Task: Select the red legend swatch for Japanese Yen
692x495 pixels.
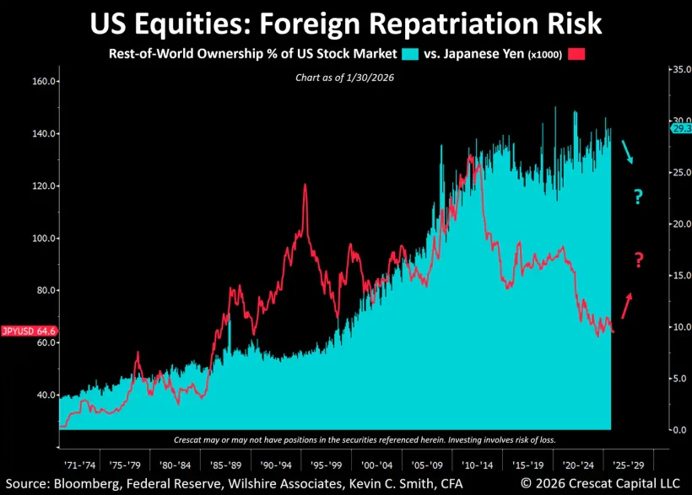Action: point(576,54)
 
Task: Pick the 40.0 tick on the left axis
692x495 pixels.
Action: point(46,395)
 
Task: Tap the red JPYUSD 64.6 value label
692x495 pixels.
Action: point(30,331)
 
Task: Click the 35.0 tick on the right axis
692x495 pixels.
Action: point(680,69)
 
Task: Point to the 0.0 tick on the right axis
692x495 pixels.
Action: point(678,430)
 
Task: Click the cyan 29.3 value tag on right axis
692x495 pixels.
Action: point(680,128)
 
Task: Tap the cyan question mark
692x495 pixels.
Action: point(638,198)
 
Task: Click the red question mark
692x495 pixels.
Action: point(638,261)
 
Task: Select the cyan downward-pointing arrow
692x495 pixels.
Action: point(627,152)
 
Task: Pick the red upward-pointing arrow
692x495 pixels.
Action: point(626,305)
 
